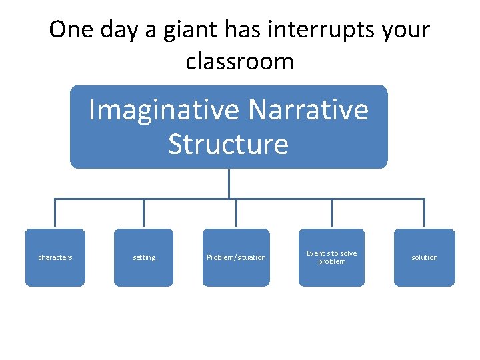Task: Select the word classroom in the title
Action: point(239,61)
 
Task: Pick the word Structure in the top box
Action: point(228,144)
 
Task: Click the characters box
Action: point(55,257)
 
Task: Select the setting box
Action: point(143,257)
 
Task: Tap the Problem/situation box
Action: point(236,257)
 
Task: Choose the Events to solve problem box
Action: point(331,257)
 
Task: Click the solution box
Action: point(424,257)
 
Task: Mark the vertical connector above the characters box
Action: point(55,213)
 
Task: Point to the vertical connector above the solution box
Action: point(424,213)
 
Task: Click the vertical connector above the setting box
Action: point(143,213)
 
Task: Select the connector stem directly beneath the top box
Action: point(229,183)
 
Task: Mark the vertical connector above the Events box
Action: point(331,213)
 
